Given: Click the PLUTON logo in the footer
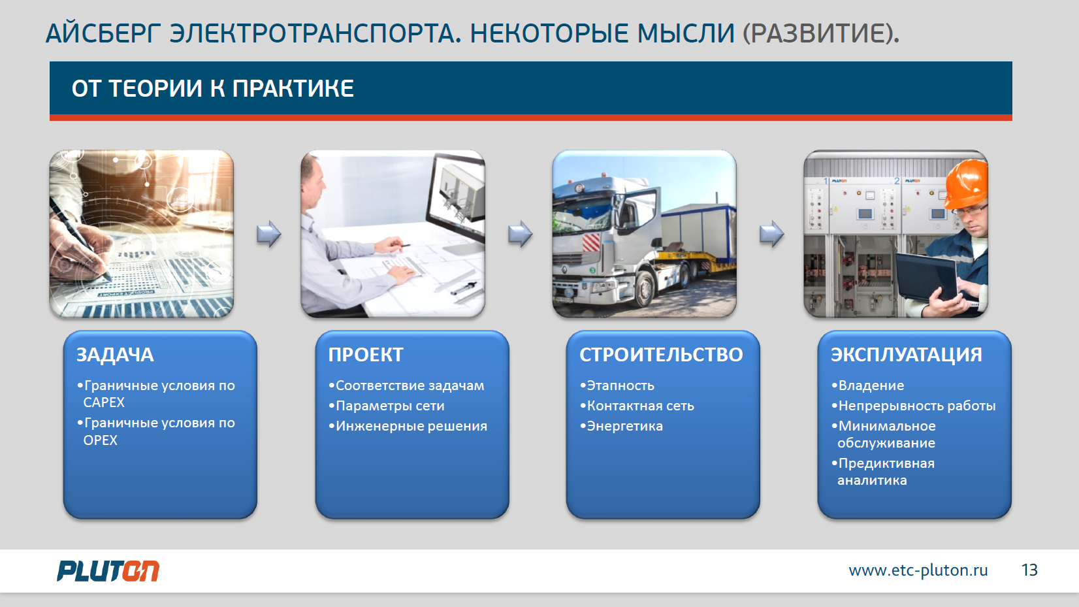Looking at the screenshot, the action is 108,571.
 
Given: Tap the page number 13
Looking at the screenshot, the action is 1029,570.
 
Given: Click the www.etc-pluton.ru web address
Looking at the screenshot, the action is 918,570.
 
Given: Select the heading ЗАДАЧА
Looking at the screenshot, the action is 115,355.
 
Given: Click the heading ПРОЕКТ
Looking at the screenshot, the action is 366,355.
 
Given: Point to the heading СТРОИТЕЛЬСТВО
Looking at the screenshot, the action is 661,355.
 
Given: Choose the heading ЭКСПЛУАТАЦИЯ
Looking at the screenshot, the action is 906,355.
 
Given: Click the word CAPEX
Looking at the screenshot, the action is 104,402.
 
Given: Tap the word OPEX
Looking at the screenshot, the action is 100,440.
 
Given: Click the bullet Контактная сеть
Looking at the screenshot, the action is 637,406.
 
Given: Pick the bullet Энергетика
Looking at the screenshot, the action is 621,427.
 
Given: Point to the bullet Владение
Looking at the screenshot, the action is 867,386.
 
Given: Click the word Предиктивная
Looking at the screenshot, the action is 886,463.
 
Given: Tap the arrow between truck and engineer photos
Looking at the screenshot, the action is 771,234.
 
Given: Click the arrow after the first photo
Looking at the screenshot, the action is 269,234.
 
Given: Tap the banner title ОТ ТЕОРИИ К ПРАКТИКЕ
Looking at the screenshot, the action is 212,89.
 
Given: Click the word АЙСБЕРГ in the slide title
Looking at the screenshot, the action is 104,34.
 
